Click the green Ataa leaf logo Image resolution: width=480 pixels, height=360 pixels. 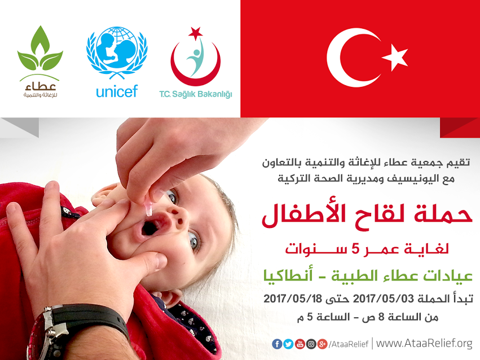[x=40, y=49]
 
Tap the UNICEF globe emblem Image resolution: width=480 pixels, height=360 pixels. [x=117, y=51]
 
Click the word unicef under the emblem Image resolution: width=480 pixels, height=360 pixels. [x=117, y=91]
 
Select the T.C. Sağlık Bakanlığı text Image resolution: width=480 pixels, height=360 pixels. [x=196, y=94]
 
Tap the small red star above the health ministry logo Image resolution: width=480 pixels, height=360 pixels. [x=196, y=33]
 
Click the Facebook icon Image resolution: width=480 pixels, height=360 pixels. [x=277, y=344]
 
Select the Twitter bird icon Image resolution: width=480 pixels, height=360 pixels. [x=288, y=344]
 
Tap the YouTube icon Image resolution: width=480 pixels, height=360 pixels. [x=300, y=344]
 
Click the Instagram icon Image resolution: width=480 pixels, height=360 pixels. [x=311, y=344]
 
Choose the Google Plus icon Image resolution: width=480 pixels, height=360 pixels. [x=322, y=344]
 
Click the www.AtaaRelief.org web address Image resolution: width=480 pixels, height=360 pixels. [x=424, y=344]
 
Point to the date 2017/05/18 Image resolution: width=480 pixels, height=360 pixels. [x=293, y=298]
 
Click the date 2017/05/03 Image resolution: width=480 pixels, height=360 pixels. [x=383, y=298]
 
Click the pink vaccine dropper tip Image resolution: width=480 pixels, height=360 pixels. [x=148, y=209]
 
